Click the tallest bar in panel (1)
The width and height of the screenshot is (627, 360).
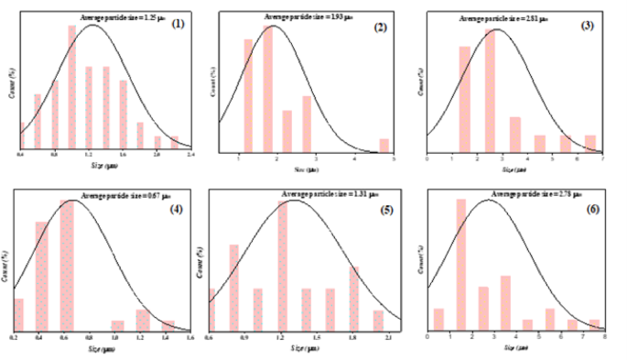pyautogui.click(x=71, y=86)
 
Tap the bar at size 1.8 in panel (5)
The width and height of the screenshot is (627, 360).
pyautogui.click(x=354, y=297)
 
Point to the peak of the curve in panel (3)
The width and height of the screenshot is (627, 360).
pyautogui.click(x=495, y=30)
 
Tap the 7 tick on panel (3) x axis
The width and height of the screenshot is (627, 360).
pyautogui.click(x=603, y=158)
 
